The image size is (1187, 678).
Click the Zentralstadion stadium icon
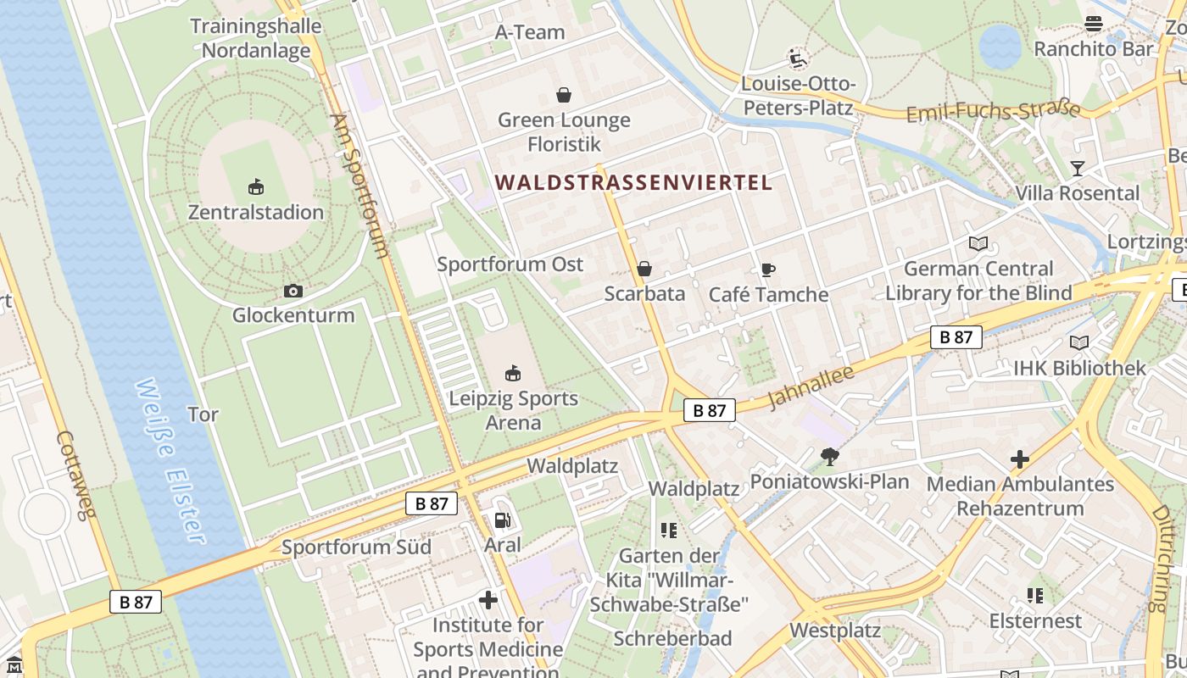tap(255, 186)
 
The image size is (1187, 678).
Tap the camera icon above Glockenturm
tap(293, 291)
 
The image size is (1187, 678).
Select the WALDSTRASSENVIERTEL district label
tap(633, 182)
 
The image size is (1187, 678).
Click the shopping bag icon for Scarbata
tap(644, 269)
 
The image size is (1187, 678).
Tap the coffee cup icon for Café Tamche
tap(767, 270)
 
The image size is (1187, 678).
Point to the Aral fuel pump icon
tap(502, 520)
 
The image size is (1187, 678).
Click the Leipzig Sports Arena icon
tap(512, 373)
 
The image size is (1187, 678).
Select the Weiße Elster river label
tap(170, 462)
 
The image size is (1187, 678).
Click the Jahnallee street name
tap(810, 387)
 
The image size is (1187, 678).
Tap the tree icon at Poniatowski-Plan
tap(829, 457)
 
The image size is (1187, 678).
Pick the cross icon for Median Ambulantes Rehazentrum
tap(1019, 459)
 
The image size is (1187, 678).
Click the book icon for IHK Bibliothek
tap(1078, 342)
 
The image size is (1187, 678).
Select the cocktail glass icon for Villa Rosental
tap(1077, 168)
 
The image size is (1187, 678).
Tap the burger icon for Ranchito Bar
tap(1094, 24)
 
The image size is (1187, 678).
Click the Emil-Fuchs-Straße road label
tap(993, 112)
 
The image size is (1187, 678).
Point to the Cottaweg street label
tap(77, 475)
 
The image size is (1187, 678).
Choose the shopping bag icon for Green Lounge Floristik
tap(564, 94)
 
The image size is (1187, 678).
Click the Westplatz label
tap(835, 631)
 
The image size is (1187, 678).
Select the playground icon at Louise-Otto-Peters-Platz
tap(797, 58)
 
